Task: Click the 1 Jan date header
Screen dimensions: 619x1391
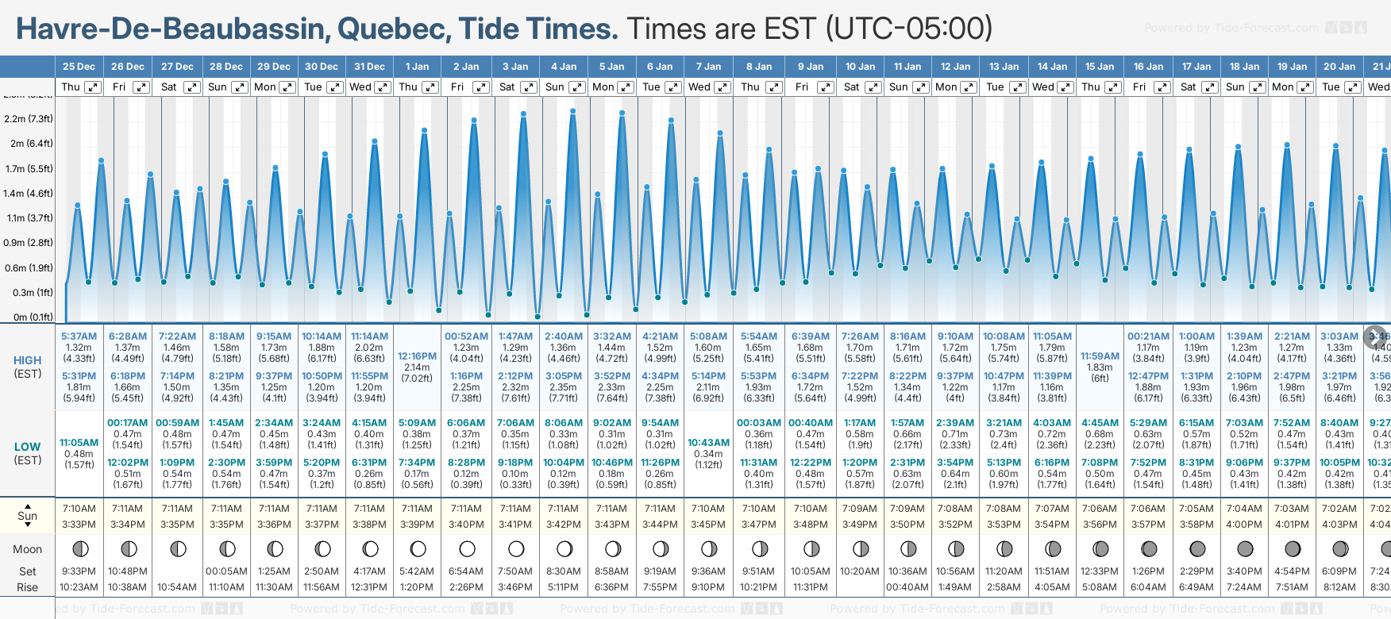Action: pos(417,67)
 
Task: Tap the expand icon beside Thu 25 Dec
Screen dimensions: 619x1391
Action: pos(93,87)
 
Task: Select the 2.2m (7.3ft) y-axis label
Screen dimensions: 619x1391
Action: pos(28,119)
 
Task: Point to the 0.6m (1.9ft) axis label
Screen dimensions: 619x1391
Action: pos(28,268)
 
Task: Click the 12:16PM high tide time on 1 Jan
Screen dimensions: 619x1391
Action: pos(417,356)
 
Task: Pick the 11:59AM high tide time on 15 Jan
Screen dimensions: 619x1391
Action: pos(1100,356)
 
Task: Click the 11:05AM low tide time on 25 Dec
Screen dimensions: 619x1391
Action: pos(79,443)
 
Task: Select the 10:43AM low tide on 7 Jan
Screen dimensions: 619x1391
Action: pos(708,443)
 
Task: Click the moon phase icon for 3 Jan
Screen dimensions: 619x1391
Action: pos(516,548)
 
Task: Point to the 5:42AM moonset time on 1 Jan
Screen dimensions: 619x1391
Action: pos(417,571)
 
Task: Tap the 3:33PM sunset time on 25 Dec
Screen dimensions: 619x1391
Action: pos(79,525)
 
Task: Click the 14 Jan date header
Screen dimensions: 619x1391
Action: pos(1052,67)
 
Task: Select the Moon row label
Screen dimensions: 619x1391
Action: pos(27,549)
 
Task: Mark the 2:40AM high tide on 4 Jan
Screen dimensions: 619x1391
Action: pos(564,336)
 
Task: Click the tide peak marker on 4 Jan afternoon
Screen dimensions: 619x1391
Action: pos(572,110)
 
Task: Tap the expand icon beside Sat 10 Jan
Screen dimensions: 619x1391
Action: pos(873,87)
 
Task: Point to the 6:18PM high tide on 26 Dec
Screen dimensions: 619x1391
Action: pos(128,376)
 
